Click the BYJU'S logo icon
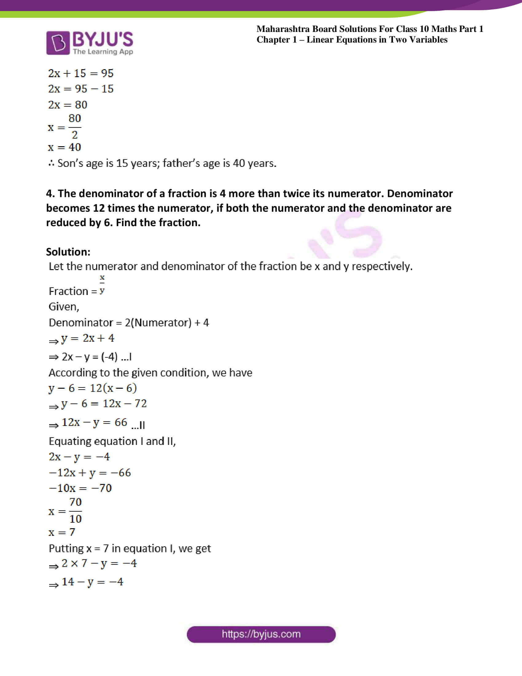pyautogui.click(x=58, y=43)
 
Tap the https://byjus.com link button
pyautogui.click(x=261, y=634)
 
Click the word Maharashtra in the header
pyautogui.click(x=282, y=29)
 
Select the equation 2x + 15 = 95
pyautogui.click(x=81, y=73)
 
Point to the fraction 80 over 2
pyautogui.click(x=75, y=127)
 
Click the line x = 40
pyautogui.click(x=64, y=147)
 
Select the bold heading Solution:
pyautogui.click(x=68, y=252)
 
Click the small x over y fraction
pyautogui.click(x=102, y=284)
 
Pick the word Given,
pyautogui.click(x=64, y=307)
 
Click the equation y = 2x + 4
pyautogui.click(x=88, y=338)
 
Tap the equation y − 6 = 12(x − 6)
pyautogui.click(x=92, y=388)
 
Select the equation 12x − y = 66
pyautogui.click(x=94, y=422)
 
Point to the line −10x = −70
pyautogui.click(x=80, y=488)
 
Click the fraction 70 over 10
pyautogui.click(x=76, y=510)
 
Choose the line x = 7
pyautogui.click(x=62, y=532)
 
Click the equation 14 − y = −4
pyautogui.click(x=92, y=582)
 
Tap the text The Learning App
pyautogui.click(x=103, y=52)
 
